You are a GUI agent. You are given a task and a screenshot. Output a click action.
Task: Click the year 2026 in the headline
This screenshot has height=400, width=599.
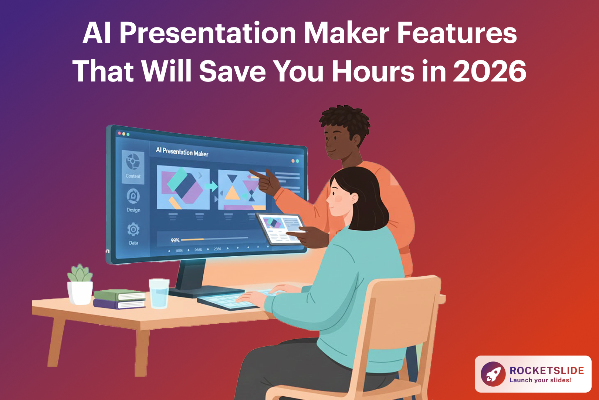(x=490, y=71)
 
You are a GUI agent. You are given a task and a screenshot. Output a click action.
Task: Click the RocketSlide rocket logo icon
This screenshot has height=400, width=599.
(x=493, y=374)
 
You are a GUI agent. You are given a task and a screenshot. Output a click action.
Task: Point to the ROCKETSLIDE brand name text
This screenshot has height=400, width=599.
(x=546, y=370)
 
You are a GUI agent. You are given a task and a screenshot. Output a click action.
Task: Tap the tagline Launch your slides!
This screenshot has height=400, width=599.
(x=540, y=380)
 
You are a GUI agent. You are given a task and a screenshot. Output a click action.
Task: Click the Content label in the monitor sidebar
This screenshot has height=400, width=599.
(x=133, y=176)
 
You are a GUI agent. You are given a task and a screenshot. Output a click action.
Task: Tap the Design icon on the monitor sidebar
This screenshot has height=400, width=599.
(x=133, y=196)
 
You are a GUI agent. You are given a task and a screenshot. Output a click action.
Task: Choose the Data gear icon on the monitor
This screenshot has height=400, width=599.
(x=133, y=230)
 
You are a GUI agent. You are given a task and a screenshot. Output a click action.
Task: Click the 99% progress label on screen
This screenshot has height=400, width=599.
(x=175, y=240)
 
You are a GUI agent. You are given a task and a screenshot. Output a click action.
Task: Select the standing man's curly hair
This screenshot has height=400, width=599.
(x=344, y=119)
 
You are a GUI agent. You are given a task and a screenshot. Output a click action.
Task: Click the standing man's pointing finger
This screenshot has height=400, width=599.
(x=255, y=173)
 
